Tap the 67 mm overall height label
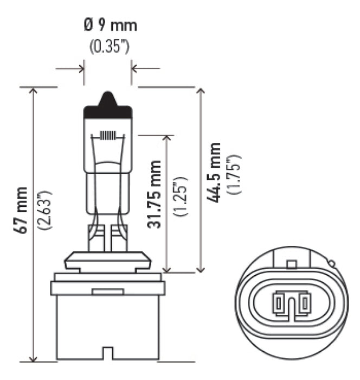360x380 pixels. pos(21,211)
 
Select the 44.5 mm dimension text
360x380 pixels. pos(215,173)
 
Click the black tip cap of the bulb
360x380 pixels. pos(108,108)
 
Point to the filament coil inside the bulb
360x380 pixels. pos(108,136)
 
